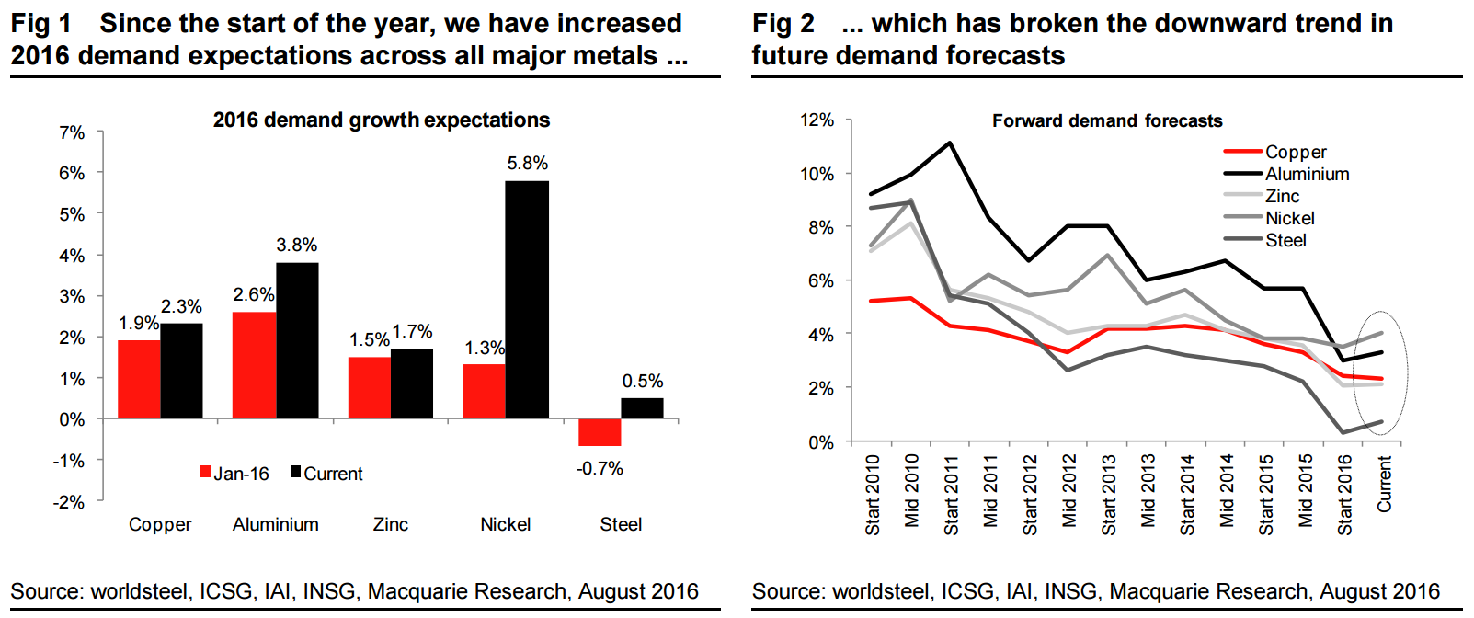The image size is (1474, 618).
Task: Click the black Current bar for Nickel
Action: pos(527,299)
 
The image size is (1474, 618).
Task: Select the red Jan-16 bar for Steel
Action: pos(600,432)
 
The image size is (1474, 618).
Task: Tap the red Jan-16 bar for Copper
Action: pos(139,379)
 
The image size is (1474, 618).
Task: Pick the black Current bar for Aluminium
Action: pos(297,340)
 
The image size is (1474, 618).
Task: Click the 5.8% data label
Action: pos(527,164)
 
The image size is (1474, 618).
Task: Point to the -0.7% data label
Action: pos(600,469)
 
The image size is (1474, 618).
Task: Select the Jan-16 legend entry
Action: pos(234,474)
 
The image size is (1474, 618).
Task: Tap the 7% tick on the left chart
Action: pos(72,133)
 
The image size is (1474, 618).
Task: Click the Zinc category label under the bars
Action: pos(391,524)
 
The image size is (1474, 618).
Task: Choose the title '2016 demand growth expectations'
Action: pos(382,120)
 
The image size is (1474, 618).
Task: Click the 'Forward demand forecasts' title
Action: pos(1107,120)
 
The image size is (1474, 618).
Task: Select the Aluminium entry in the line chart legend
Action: pos(1306,174)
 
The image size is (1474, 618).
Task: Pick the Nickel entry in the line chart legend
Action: pos(1289,218)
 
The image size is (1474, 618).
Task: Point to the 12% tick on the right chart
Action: pos(817,120)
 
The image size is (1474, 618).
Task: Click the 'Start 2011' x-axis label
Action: pos(951,495)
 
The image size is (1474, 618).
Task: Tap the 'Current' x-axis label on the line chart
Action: pos(1384,484)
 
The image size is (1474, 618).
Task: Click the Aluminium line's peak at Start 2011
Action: pos(950,143)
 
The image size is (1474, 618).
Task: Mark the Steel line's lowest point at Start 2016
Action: pos(1343,432)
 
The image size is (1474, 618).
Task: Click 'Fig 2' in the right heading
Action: pos(783,23)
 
